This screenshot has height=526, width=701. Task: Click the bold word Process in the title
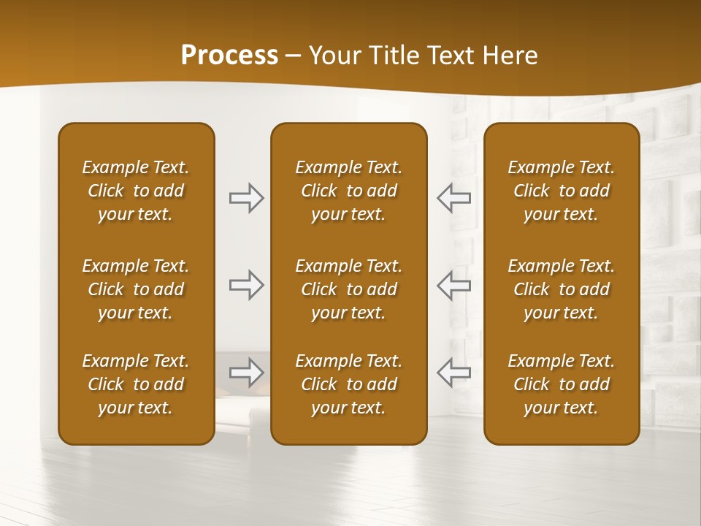tap(229, 56)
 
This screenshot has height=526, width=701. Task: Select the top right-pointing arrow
tap(247, 198)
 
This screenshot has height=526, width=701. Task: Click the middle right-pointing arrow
tap(247, 285)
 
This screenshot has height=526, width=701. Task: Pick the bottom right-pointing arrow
tap(247, 373)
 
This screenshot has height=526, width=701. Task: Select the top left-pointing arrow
tap(453, 198)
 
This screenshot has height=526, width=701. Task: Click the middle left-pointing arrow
tap(453, 285)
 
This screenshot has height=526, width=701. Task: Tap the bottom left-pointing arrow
tap(453, 373)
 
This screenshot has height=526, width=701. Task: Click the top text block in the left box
tap(136, 191)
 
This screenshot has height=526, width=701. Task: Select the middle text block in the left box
tap(136, 289)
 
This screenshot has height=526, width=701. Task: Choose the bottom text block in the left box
tap(136, 384)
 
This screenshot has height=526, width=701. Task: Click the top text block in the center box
tap(349, 191)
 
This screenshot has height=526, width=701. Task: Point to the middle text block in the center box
tap(349, 289)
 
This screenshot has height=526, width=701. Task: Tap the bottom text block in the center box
tap(349, 384)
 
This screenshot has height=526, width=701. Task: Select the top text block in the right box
tap(562, 191)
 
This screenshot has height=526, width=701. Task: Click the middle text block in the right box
tap(562, 289)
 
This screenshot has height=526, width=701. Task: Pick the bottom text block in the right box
tap(562, 384)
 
